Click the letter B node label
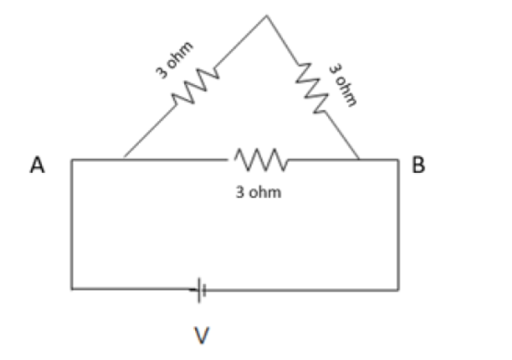point(418,166)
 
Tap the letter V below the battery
point(200,336)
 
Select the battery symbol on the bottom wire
point(200,290)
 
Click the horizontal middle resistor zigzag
point(259,158)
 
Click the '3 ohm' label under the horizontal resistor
point(259,193)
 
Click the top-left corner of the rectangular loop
point(72,159)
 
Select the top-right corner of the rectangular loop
point(398,159)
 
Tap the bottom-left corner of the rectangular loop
point(72,288)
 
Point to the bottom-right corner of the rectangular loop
point(398,290)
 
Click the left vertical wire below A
point(72,222)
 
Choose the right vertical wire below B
point(398,222)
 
